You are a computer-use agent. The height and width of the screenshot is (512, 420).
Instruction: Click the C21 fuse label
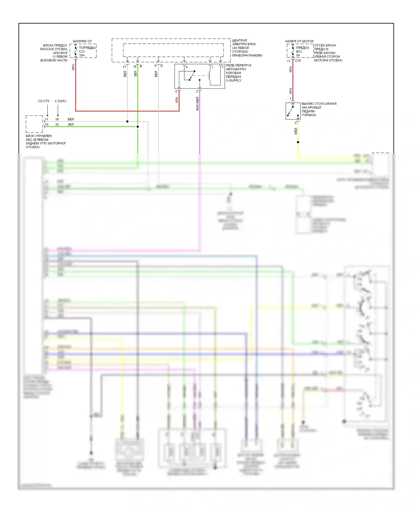82,52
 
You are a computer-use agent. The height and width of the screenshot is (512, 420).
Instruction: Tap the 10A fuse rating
82,55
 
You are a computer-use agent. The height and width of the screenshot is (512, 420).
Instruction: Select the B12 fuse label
299,52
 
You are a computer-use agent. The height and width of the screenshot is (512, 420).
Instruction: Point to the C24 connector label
298,60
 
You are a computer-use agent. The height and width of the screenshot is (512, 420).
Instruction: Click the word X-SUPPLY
234,80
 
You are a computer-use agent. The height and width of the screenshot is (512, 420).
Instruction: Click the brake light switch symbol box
293,111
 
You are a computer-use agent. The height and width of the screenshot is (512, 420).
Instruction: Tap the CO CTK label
44,101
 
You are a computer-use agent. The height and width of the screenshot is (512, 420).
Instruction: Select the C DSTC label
60,101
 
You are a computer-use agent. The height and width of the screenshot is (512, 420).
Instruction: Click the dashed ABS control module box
34,124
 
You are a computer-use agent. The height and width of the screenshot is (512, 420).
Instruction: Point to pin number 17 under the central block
124,67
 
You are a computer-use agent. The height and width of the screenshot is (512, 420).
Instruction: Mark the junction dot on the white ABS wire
127,122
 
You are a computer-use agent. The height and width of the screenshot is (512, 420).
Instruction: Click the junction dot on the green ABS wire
137,127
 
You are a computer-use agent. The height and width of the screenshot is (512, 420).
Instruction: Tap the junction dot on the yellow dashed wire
298,142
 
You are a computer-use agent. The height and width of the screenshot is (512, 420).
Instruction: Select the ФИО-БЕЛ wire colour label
197,104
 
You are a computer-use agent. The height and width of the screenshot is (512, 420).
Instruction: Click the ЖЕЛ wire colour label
296,131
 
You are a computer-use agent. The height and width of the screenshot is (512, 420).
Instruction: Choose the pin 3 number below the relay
197,92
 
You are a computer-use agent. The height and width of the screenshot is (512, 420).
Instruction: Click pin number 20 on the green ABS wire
57,124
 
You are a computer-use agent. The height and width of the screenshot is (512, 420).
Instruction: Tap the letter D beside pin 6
162,66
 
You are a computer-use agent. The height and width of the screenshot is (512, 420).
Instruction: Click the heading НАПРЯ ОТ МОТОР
299,41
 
